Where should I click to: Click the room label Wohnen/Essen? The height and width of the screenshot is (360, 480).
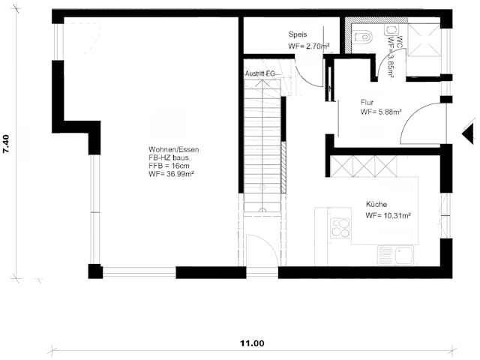coord(173,149)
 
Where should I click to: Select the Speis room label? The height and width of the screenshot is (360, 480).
coord(297,34)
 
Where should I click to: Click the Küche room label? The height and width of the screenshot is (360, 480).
coord(376,204)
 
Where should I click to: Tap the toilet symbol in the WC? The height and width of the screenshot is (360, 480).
coord(364,34)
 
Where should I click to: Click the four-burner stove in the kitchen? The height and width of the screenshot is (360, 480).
coord(340,227)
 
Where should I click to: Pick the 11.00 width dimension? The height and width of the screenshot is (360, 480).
coord(252,343)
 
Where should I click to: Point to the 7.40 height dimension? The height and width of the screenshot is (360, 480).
coord(7,145)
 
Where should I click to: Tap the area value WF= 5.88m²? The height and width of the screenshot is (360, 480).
coord(380,112)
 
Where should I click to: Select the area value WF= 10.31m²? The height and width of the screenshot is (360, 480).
coord(388,216)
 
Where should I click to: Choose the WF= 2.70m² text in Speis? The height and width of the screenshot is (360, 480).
coord(309,46)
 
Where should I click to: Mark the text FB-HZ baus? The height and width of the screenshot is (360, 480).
coord(169,158)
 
